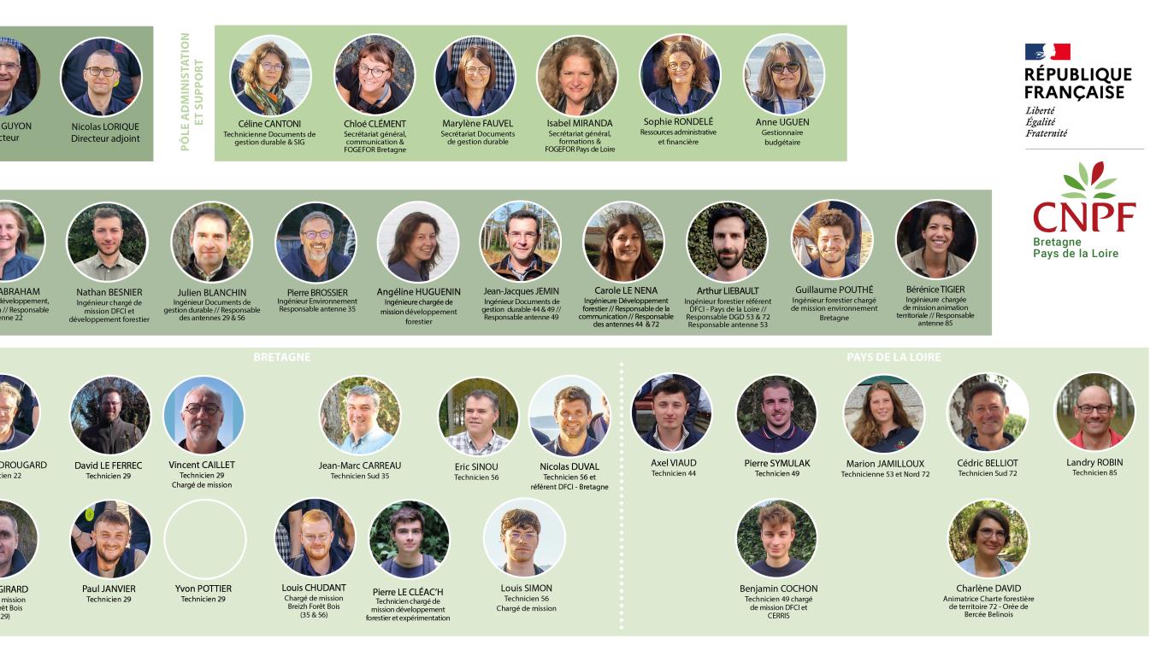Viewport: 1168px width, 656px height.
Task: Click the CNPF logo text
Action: [x=1084, y=216]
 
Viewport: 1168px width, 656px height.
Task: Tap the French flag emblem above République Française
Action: [x=1047, y=52]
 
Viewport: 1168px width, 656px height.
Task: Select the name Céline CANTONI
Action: [x=269, y=124]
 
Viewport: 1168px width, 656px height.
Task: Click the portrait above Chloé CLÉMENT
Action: [x=374, y=74]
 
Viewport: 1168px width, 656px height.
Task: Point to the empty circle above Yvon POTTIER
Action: [x=204, y=539]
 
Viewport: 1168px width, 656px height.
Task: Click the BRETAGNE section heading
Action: [x=281, y=357]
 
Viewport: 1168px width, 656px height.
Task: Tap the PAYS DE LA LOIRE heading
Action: [x=893, y=357]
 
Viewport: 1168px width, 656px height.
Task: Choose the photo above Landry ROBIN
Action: [x=1094, y=412]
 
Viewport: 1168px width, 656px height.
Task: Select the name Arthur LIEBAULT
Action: [x=728, y=291]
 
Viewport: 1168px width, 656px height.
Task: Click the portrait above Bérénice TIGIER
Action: [x=935, y=240]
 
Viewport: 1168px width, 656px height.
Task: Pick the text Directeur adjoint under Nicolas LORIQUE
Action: [x=105, y=138]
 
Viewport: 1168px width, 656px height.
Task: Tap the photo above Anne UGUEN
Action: [x=782, y=74]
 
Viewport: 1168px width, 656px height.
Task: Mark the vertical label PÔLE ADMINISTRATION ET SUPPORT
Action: [x=192, y=91]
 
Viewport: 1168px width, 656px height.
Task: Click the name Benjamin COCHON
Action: [x=778, y=589]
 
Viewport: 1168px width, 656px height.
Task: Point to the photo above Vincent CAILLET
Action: [x=204, y=415]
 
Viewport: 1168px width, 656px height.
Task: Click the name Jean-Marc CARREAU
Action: [x=359, y=466]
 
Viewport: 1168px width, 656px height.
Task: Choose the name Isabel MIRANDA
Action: [x=580, y=123]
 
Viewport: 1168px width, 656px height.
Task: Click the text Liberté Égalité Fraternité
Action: [x=1046, y=122]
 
